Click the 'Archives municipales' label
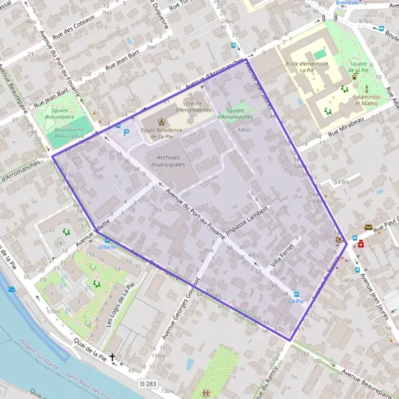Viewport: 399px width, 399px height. (x=168, y=160)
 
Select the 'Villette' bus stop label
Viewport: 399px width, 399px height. (x=107, y=247)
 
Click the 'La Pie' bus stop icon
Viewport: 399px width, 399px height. (x=297, y=295)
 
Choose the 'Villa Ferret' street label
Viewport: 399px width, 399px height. (x=282, y=254)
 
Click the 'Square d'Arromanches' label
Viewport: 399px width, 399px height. (x=239, y=113)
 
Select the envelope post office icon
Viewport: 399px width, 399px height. (x=368, y=227)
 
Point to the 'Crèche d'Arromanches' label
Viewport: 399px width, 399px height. (x=194, y=106)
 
